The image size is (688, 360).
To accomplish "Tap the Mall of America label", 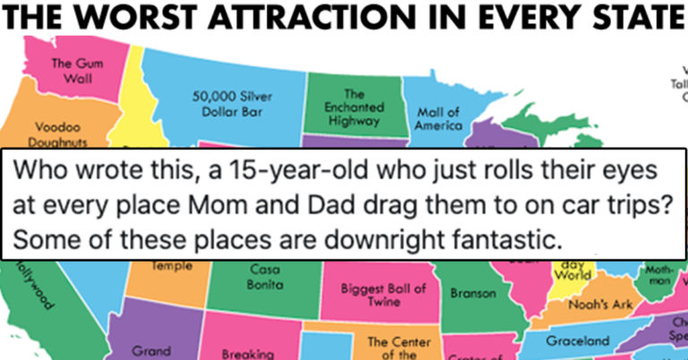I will pyautogui.click(x=439, y=119).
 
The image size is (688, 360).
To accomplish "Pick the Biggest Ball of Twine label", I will pyautogui.click(x=383, y=296).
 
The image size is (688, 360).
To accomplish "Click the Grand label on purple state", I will pyautogui.click(x=150, y=352).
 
